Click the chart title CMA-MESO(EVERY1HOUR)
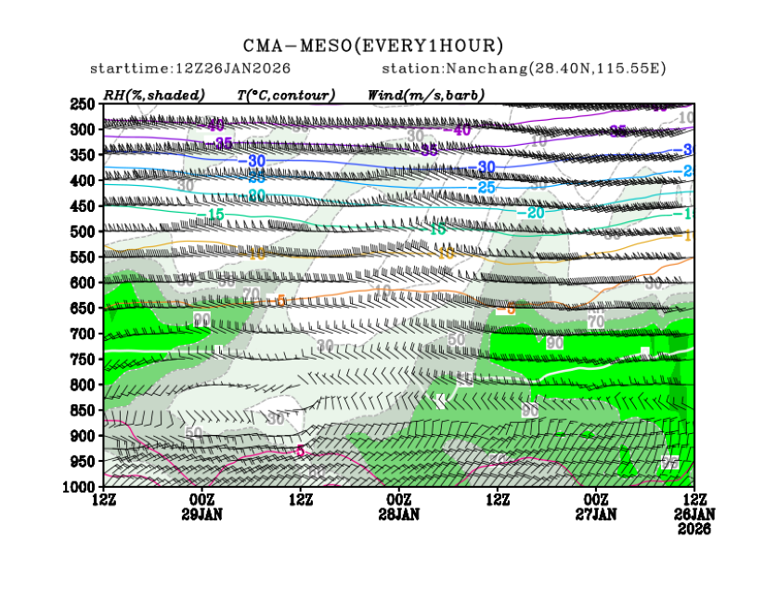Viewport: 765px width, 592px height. [373, 46]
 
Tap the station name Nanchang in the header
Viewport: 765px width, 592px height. [479, 69]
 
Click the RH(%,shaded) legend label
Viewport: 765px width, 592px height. [145, 95]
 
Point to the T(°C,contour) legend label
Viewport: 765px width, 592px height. [286, 95]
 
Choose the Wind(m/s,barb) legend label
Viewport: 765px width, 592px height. [426, 95]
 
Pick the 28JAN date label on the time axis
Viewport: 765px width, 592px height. [399, 514]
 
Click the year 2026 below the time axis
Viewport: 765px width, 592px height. [694, 528]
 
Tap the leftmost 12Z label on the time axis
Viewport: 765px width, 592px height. [104, 500]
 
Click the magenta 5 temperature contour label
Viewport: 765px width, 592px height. [300, 451]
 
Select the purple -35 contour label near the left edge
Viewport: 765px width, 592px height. [222, 143]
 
